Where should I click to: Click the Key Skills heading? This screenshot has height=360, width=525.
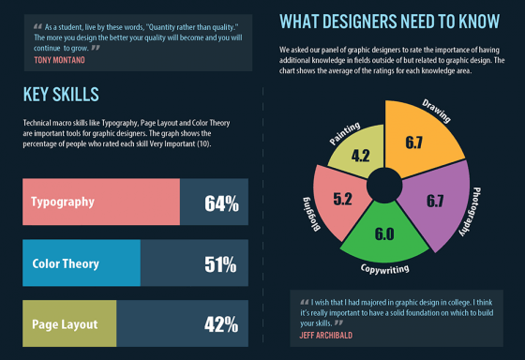click(x=60, y=95)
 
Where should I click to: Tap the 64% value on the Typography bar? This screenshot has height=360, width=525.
click(x=221, y=202)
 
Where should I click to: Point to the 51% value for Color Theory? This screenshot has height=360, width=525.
click(x=221, y=263)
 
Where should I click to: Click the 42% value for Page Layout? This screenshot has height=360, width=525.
click(x=221, y=324)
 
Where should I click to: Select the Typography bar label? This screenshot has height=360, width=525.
click(x=63, y=202)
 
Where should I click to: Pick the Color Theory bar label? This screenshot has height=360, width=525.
click(x=66, y=263)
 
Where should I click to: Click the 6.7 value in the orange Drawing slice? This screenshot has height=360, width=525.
click(x=414, y=142)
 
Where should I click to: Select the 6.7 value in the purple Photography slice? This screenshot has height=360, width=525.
click(x=434, y=201)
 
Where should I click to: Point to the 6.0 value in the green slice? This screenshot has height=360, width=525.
click(x=384, y=234)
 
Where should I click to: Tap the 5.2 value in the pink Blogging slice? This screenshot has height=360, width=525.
click(x=342, y=199)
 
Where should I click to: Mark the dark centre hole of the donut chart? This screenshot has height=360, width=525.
click(x=384, y=185)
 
